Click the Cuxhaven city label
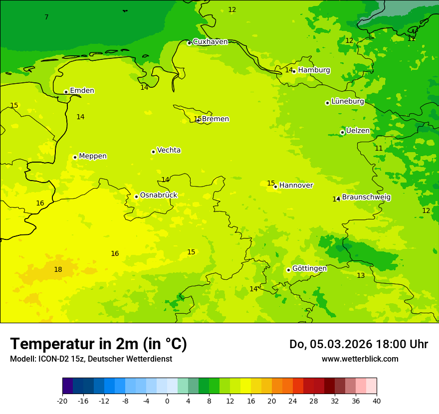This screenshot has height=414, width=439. (210, 42)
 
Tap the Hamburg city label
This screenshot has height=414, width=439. (314, 70)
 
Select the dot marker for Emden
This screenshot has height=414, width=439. (66, 92)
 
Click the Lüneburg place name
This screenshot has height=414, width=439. (347, 102)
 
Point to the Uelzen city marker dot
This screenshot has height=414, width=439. (342, 132)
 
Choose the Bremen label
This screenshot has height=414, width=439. (215, 119)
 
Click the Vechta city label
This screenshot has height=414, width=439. (169, 150)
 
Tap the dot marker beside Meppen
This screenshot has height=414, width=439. (75, 157)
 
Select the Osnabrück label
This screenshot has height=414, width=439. (158, 196)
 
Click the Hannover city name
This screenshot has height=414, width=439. (296, 186)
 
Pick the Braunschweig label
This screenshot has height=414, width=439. (366, 198)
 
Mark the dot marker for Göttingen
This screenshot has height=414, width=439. (288, 270)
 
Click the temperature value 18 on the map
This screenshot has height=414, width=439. (58, 270)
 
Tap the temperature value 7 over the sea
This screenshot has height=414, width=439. (46, 17)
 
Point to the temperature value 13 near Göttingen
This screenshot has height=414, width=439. (361, 276)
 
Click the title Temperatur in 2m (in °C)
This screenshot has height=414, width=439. (98, 344)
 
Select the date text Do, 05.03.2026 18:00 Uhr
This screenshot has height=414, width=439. (358, 344)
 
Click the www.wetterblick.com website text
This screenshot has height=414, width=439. (360, 359)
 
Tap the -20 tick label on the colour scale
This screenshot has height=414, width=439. (62, 401)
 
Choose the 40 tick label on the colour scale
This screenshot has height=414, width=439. (376, 401)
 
